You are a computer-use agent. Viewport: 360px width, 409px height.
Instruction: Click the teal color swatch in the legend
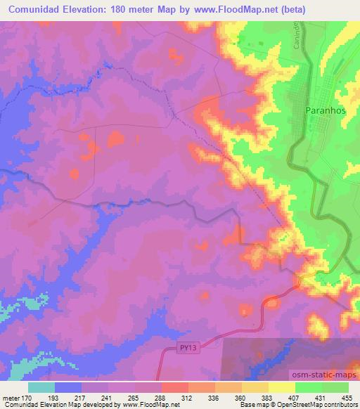point(41,387)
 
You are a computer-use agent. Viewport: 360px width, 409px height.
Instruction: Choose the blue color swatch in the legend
point(68,387)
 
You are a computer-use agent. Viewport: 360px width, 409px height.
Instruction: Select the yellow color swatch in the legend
point(282,387)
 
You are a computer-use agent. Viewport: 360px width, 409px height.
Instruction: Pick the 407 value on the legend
point(289,398)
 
